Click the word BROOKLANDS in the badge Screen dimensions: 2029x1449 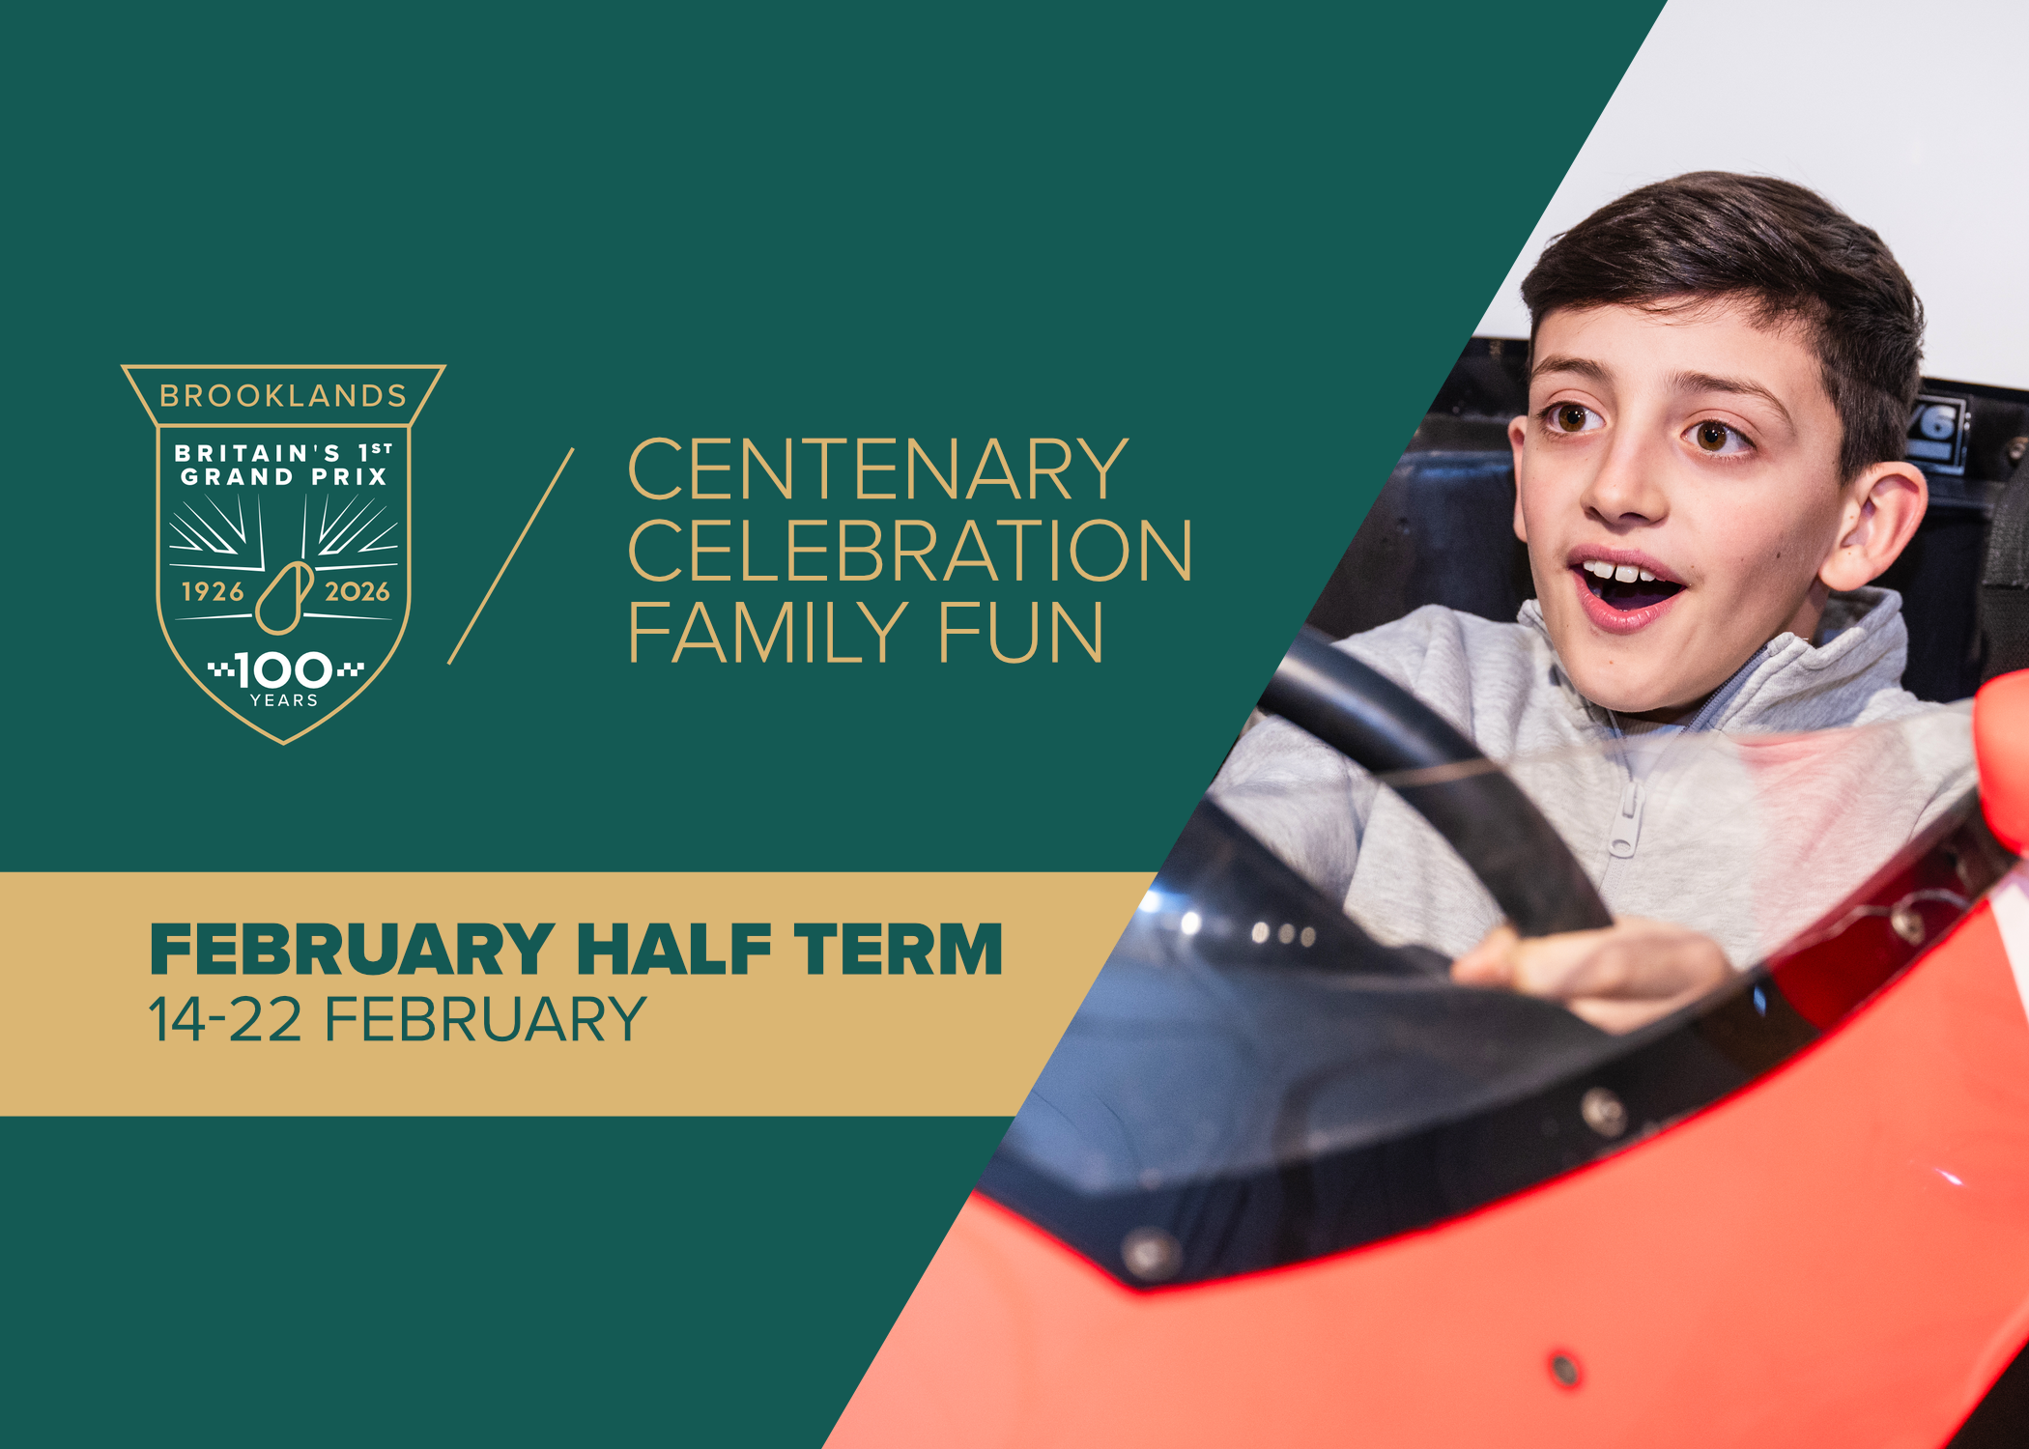[x=283, y=396]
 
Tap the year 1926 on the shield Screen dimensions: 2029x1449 [x=213, y=591]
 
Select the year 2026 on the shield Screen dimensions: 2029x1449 [x=357, y=591]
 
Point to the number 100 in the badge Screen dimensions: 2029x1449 [x=284, y=670]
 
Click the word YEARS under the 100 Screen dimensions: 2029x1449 [x=284, y=700]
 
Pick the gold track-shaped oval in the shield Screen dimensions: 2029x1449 [x=284, y=599]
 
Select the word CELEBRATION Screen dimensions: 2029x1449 [x=910, y=551]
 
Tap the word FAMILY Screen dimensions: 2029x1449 [x=768, y=633]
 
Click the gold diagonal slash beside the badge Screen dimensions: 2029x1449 [x=511, y=555]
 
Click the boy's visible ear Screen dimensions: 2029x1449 [x=1872, y=526]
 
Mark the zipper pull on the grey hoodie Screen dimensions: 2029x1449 [x=1625, y=821]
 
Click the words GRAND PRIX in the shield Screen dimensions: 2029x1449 [x=284, y=476]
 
